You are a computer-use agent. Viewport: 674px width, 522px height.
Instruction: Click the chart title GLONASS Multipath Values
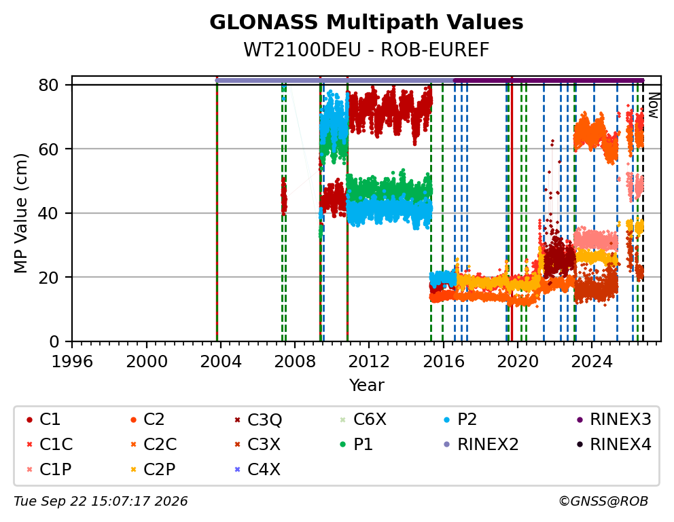[x=366, y=22]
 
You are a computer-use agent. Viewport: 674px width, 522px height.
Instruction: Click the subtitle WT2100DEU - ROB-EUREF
[x=366, y=50]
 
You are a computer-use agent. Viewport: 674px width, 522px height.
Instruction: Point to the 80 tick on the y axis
[x=48, y=85]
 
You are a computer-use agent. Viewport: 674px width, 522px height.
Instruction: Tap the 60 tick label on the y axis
[x=48, y=149]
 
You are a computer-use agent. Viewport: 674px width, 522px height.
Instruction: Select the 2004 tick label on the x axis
[x=221, y=361]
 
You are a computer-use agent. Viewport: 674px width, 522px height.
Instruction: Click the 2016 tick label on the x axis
[x=444, y=361]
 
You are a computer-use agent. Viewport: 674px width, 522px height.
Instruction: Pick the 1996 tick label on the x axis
[x=72, y=361]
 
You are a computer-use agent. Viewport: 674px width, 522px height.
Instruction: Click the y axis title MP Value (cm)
[x=20, y=213]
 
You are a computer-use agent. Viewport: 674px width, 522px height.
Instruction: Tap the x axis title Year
[x=366, y=385]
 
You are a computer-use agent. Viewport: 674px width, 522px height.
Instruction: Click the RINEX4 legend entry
[x=614, y=445]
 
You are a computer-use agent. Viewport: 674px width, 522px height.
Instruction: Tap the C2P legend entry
[x=153, y=469]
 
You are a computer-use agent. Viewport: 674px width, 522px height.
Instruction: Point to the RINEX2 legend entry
[x=481, y=445]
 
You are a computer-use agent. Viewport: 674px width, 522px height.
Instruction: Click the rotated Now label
[x=654, y=106]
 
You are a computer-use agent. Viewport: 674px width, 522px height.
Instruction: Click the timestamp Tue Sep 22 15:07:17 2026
[x=101, y=501]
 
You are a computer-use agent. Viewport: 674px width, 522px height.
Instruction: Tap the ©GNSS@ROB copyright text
[x=603, y=501]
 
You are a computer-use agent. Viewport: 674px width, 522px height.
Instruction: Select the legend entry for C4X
[x=257, y=469]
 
